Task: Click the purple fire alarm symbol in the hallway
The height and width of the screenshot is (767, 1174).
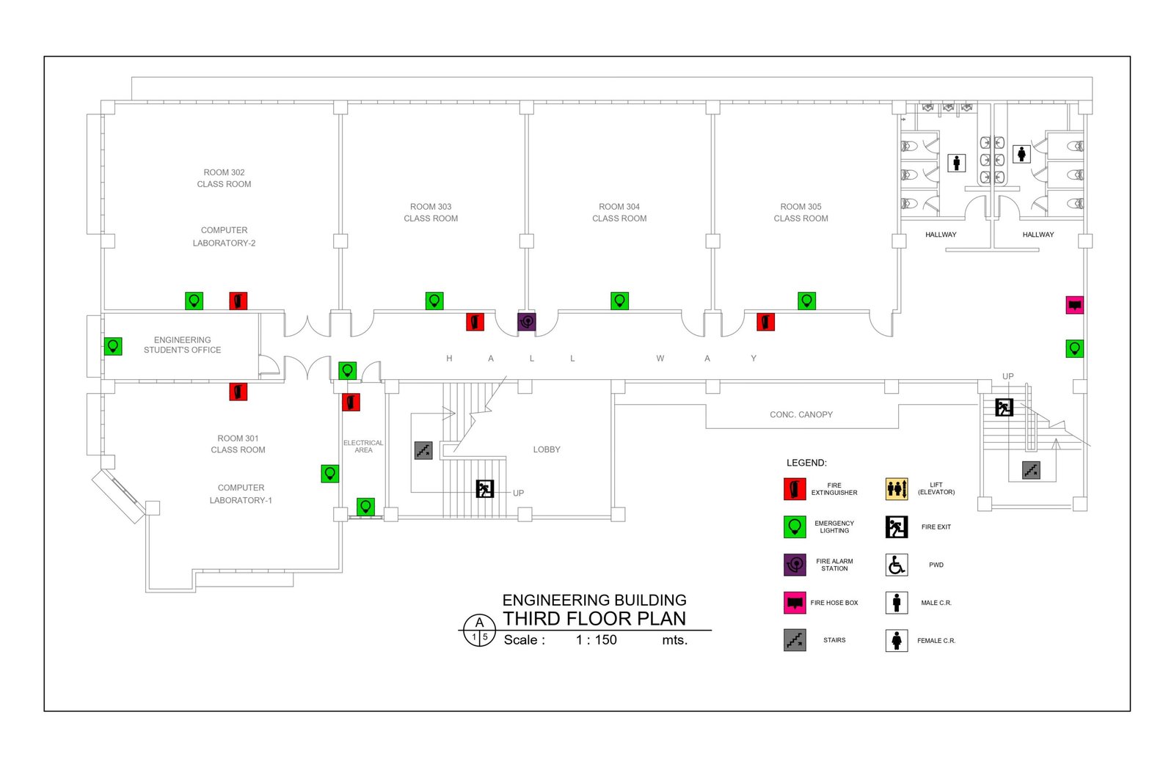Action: pos(527,322)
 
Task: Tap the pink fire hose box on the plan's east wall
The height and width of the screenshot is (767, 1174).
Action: pos(1074,305)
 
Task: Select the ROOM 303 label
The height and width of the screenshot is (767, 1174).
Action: pos(431,207)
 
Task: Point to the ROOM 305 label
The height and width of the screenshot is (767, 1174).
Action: pos(801,207)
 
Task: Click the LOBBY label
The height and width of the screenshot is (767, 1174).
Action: pos(547,449)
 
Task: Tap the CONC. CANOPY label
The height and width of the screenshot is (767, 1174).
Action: pos(801,414)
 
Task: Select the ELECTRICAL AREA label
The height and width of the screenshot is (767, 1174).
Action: pos(363,447)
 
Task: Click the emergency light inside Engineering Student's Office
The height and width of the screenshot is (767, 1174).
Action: pos(113,346)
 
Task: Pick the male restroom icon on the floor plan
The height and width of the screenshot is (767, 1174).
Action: pos(957,163)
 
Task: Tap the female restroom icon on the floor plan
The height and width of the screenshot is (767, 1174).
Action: pos(1021,154)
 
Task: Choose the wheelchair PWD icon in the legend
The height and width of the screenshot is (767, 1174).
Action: pos(897,565)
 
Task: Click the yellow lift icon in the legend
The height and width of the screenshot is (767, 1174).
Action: pos(897,489)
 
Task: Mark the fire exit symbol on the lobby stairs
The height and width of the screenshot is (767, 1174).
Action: pos(485,489)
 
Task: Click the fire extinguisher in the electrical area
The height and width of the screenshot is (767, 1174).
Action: pos(351,403)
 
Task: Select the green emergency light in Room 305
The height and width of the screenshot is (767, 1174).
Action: pos(806,301)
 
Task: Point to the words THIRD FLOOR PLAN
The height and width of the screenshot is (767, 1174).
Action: pos(594,619)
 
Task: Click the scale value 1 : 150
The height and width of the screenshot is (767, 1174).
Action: pos(597,640)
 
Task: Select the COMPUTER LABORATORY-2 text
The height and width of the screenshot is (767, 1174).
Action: pos(224,237)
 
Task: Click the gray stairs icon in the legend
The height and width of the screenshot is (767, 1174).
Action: pos(795,640)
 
